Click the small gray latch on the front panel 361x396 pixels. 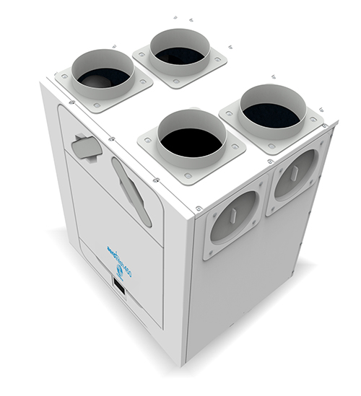click(x=86, y=144)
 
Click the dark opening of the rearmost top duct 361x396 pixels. click(x=179, y=55)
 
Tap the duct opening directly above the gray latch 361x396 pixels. click(x=103, y=76)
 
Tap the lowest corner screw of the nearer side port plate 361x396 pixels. click(x=210, y=252)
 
